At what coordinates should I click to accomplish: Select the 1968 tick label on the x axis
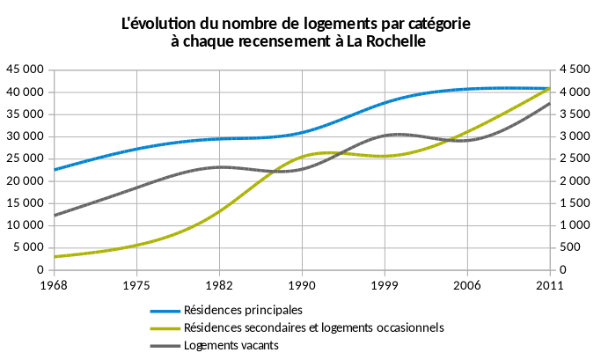point(55,285)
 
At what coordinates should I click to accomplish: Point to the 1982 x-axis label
point(219,285)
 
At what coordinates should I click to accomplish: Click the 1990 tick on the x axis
point(302,285)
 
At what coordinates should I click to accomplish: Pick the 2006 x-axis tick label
point(467,285)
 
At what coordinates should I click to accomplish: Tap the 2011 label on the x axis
point(549,285)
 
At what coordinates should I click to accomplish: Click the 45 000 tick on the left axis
point(26,70)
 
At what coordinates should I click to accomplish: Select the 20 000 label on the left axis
point(26,181)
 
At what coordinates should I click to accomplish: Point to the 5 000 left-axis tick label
point(29,248)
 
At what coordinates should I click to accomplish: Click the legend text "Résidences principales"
point(243,310)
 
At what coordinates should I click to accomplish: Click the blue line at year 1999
point(385,103)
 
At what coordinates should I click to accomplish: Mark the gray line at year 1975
point(136,187)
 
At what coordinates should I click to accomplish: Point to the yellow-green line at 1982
point(219,210)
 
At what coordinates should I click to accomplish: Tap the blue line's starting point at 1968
point(55,170)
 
